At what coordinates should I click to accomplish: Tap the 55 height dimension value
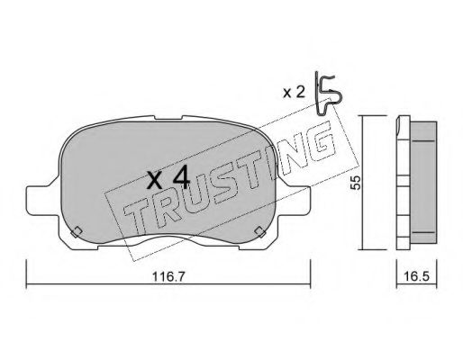[x=356, y=183]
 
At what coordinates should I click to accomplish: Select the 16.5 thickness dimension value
[x=416, y=276]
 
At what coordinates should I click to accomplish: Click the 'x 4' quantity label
[x=168, y=178]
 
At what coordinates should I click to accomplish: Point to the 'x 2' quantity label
[x=294, y=93]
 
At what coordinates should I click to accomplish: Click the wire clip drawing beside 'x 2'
[x=327, y=94]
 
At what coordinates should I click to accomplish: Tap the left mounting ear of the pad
[x=42, y=200]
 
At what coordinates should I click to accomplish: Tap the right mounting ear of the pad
[x=295, y=200]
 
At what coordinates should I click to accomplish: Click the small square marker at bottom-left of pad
[x=77, y=232]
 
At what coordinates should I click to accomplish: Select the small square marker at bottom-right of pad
[x=260, y=232]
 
